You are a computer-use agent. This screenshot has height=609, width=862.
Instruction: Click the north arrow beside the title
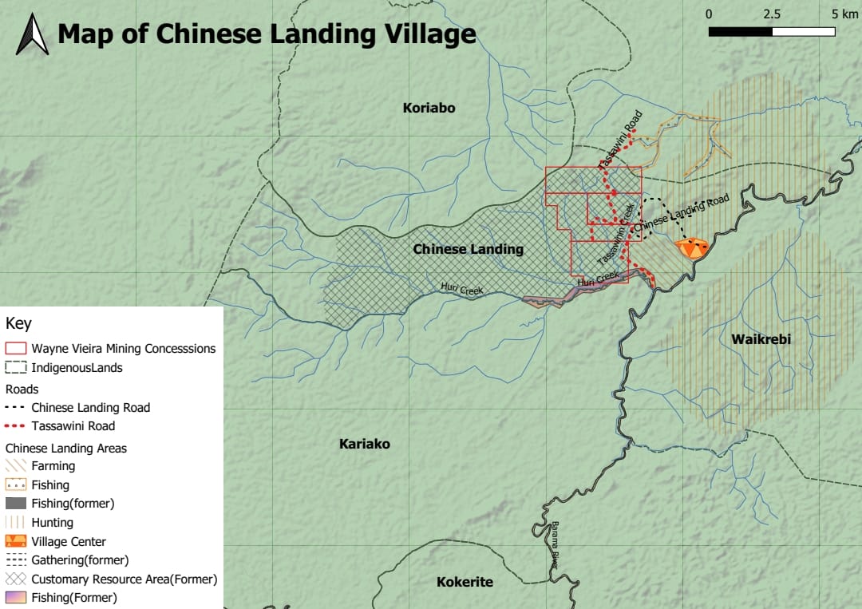32,35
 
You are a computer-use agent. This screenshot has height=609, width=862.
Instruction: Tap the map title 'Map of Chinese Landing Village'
267,34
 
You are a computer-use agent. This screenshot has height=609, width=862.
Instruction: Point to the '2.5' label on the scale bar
771,14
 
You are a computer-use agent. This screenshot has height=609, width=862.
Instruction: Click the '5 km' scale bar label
844,14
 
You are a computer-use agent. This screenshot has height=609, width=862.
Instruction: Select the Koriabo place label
429,108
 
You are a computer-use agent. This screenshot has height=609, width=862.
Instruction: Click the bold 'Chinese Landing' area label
468,249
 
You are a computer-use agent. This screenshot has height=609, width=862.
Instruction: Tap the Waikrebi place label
761,339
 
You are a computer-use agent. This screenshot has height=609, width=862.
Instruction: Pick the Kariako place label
364,444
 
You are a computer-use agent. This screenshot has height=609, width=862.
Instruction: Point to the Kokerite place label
465,582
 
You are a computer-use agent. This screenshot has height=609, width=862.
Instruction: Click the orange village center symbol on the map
690,247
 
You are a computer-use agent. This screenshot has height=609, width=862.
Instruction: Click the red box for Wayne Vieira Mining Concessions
17,349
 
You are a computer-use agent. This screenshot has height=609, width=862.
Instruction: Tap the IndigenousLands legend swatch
17,368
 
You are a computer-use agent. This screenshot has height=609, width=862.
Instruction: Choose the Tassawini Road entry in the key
73,426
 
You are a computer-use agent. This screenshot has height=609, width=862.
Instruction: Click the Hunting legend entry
52,523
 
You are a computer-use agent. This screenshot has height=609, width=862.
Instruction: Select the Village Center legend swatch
17,541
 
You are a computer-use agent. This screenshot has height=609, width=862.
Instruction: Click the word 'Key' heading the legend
18,324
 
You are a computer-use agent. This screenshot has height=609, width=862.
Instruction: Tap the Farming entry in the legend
53,465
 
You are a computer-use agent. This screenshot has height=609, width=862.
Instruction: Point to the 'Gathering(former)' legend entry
80,560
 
